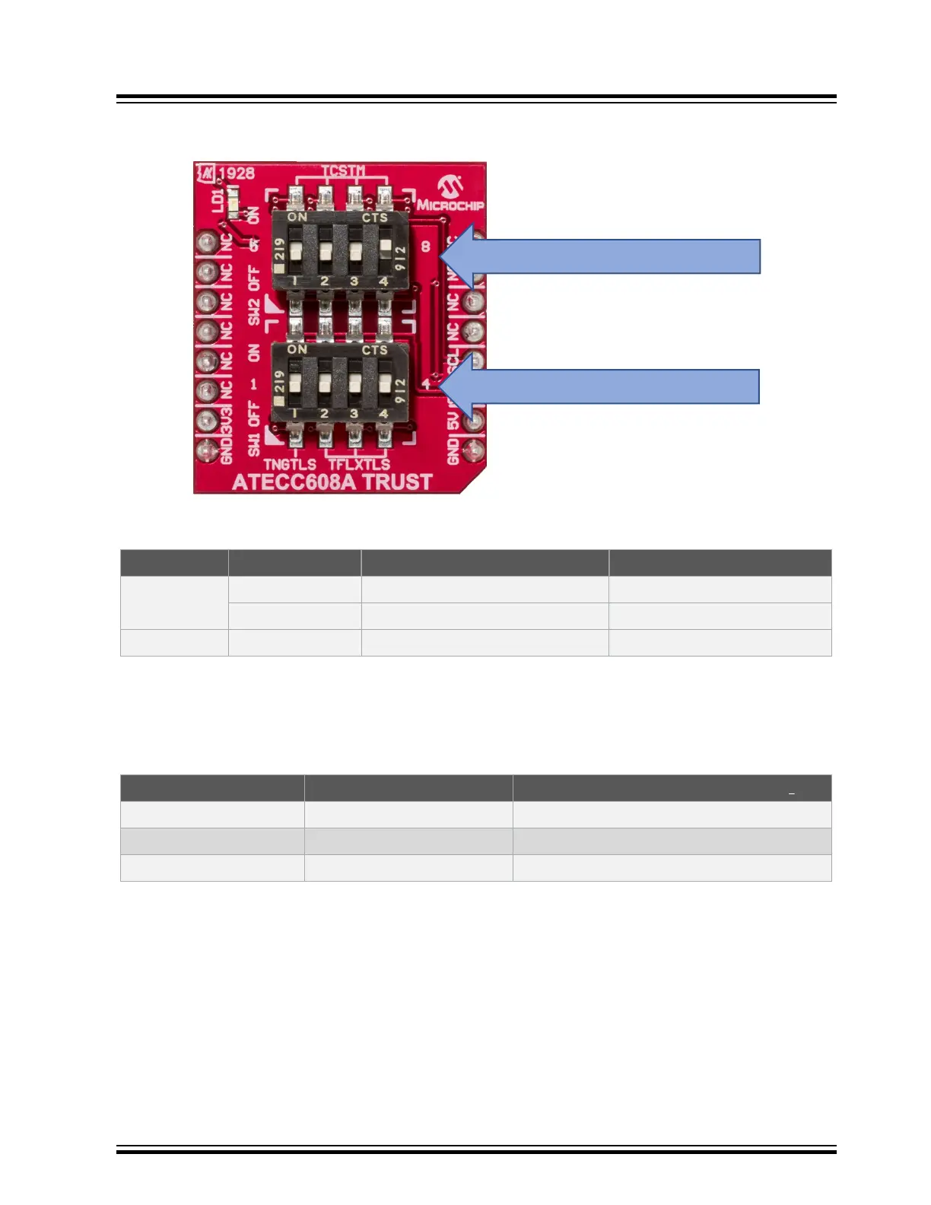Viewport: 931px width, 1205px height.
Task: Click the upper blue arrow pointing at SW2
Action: click(608, 256)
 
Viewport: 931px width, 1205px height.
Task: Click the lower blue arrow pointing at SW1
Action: click(608, 386)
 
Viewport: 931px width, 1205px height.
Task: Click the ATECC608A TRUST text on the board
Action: click(332, 482)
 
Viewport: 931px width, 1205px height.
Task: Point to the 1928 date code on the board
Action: click(237, 173)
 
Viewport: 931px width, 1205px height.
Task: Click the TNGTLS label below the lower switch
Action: click(290, 464)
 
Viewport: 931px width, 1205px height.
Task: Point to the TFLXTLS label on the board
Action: click(359, 464)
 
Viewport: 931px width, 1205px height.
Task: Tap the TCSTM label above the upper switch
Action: click(342, 171)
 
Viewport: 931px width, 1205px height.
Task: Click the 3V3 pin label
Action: click(226, 420)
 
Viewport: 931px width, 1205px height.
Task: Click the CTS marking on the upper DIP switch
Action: click(374, 218)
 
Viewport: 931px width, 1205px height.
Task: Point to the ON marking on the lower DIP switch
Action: click(297, 350)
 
